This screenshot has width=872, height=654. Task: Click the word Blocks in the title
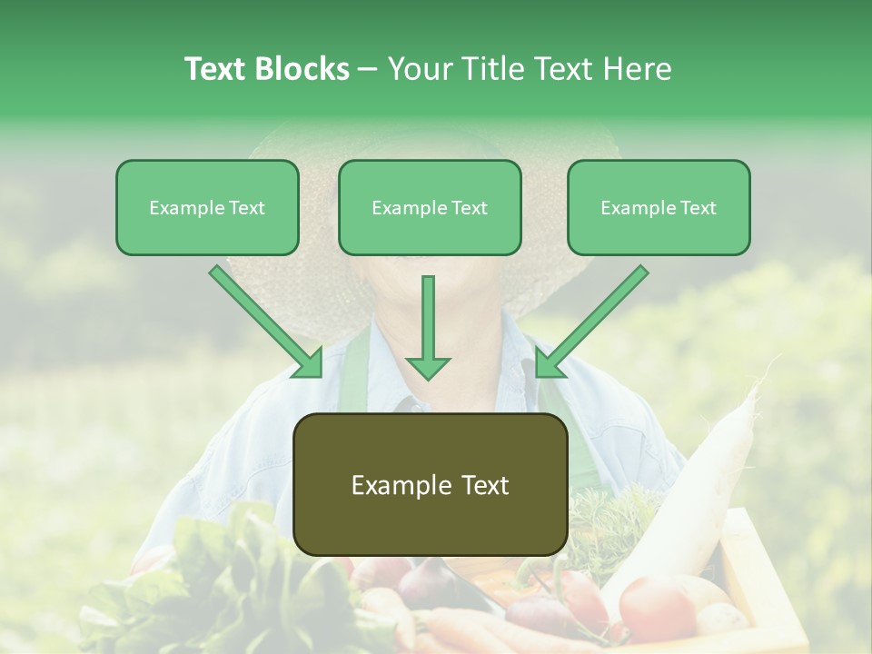pyautogui.click(x=302, y=69)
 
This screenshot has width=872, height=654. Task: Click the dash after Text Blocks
pyautogui.click(x=368, y=70)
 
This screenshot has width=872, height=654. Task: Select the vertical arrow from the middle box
pyautogui.click(x=428, y=318)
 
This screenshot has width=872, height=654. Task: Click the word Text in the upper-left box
pyautogui.click(x=246, y=208)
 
